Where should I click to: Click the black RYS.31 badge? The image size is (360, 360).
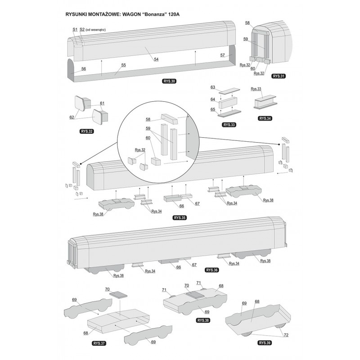coord(279,76)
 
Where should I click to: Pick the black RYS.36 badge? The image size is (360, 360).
coord(211,270)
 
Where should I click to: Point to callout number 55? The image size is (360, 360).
coord(123,65)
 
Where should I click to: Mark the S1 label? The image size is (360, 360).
coord(75,29)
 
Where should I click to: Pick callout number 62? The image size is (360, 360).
coord(72,117)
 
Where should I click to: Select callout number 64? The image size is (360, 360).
coord(213,99)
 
